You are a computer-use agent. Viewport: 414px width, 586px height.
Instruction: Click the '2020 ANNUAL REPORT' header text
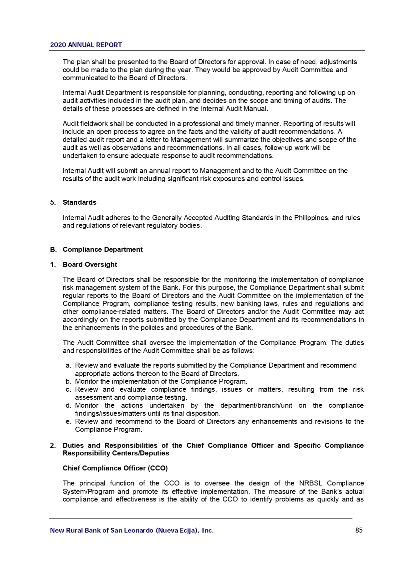coord(86,45)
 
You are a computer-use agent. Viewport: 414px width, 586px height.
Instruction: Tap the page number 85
coord(359,530)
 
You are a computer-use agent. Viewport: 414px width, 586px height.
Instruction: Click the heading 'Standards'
coord(79,202)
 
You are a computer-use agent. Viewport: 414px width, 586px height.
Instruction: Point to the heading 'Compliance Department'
coord(103,249)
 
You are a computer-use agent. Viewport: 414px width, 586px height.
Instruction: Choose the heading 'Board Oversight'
coord(90,264)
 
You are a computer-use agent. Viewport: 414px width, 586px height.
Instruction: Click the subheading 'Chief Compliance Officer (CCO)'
coord(115,468)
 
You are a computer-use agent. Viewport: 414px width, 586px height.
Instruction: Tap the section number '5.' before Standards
coord(53,202)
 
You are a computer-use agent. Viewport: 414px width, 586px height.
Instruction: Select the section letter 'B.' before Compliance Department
coord(53,249)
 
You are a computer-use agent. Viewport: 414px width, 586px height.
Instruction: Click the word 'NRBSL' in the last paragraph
coord(311,483)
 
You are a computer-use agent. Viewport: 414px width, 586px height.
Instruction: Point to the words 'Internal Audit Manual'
coord(234,109)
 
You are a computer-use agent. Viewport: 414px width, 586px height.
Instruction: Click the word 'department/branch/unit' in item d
coord(256,405)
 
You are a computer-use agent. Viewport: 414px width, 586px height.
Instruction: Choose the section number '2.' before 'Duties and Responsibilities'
coord(53,445)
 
